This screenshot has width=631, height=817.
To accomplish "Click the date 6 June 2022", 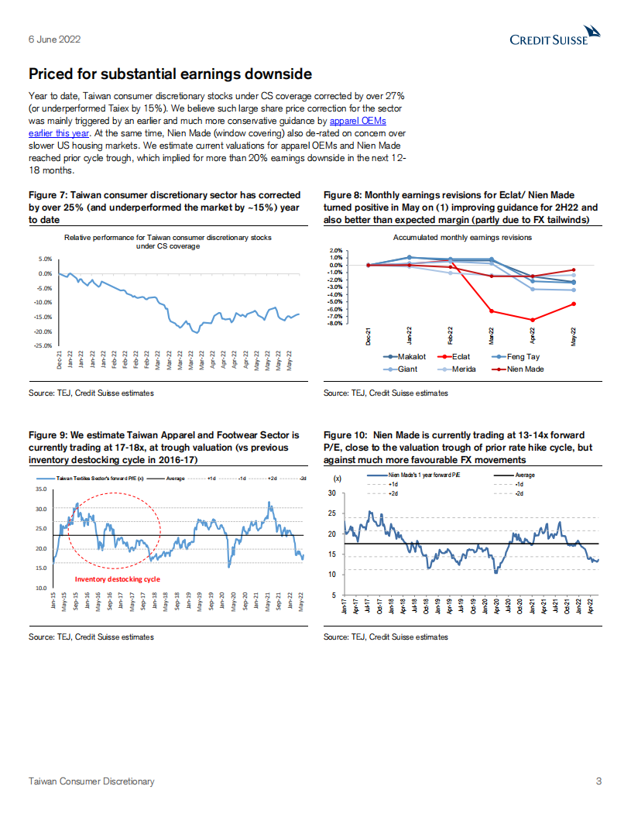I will pyautogui.click(x=54, y=39).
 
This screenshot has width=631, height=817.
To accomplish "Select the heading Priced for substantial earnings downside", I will pyautogui.click(x=170, y=74).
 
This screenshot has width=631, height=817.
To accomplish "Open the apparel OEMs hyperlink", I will pyautogui.click(x=358, y=122).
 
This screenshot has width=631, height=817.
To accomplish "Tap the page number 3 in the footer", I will pyautogui.click(x=598, y=781).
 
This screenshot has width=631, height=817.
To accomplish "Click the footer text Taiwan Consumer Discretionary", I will pyautogui.click(x=91, y=781).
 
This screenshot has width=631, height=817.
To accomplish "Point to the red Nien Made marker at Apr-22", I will pyautogui.click(x=532, y=320).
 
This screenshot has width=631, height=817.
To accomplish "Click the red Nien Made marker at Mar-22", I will pyautogui.click(x=492, y=311).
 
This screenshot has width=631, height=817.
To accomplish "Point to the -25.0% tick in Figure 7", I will pyautogui.click(x=43, y=345).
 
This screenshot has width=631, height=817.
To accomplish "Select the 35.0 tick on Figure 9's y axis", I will pyautogui.click(x=41, y=489).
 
